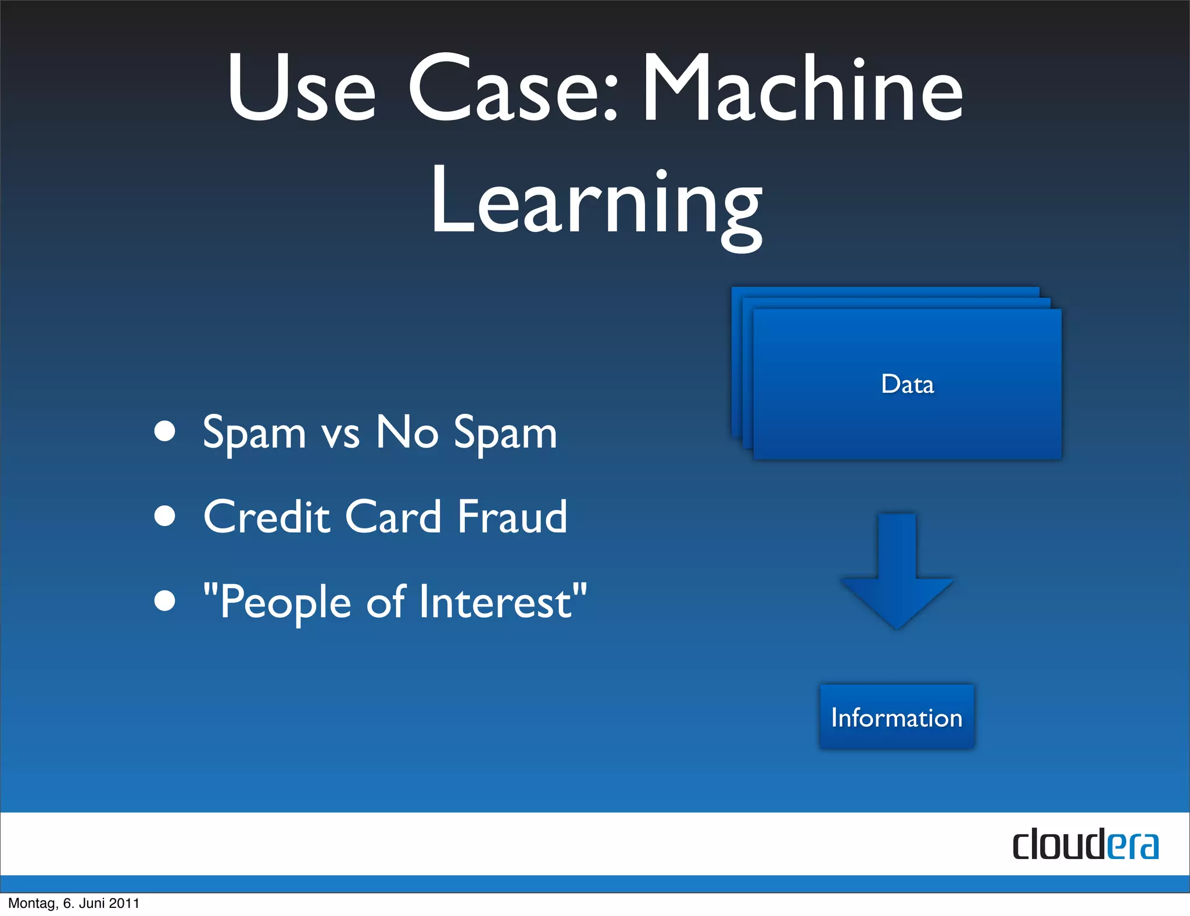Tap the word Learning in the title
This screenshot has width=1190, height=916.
coord(596,203)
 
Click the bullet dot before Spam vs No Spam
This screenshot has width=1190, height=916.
coord(165,431)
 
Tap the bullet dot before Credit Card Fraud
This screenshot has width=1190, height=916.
coord(165,516)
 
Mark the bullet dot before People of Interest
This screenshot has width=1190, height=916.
coord(165,601)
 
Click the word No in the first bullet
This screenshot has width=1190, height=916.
coord(407,432)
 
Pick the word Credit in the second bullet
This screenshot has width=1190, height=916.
coord(267,517)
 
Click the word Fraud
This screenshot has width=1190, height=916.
coord(512,517)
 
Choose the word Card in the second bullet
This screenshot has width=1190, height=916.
coord(393,517)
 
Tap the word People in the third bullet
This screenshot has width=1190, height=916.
coord(285,603)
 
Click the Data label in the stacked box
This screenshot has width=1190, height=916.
coord(907,384)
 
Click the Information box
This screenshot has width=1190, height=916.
coord(897,717)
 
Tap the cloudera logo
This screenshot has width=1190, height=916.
coord(1085,845)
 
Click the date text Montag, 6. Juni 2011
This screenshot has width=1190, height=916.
coord(74,903)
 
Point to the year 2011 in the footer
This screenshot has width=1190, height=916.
coord(124,903)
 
